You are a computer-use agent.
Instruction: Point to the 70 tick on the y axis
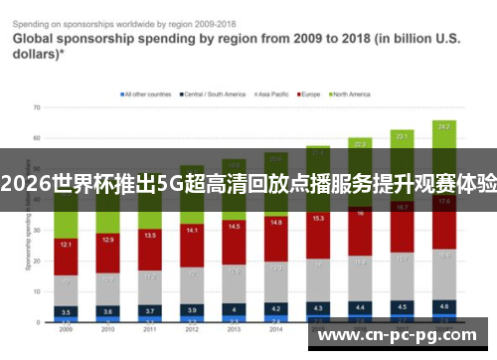coord(36,106)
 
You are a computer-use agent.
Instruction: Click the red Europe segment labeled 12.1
coord(65,245)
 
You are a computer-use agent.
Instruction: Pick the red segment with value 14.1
coord(192,231)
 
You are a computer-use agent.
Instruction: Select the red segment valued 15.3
coord(318,218)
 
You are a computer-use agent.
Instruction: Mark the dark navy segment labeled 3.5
coord(65,311)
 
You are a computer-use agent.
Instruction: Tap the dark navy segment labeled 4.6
coord(444,306)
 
